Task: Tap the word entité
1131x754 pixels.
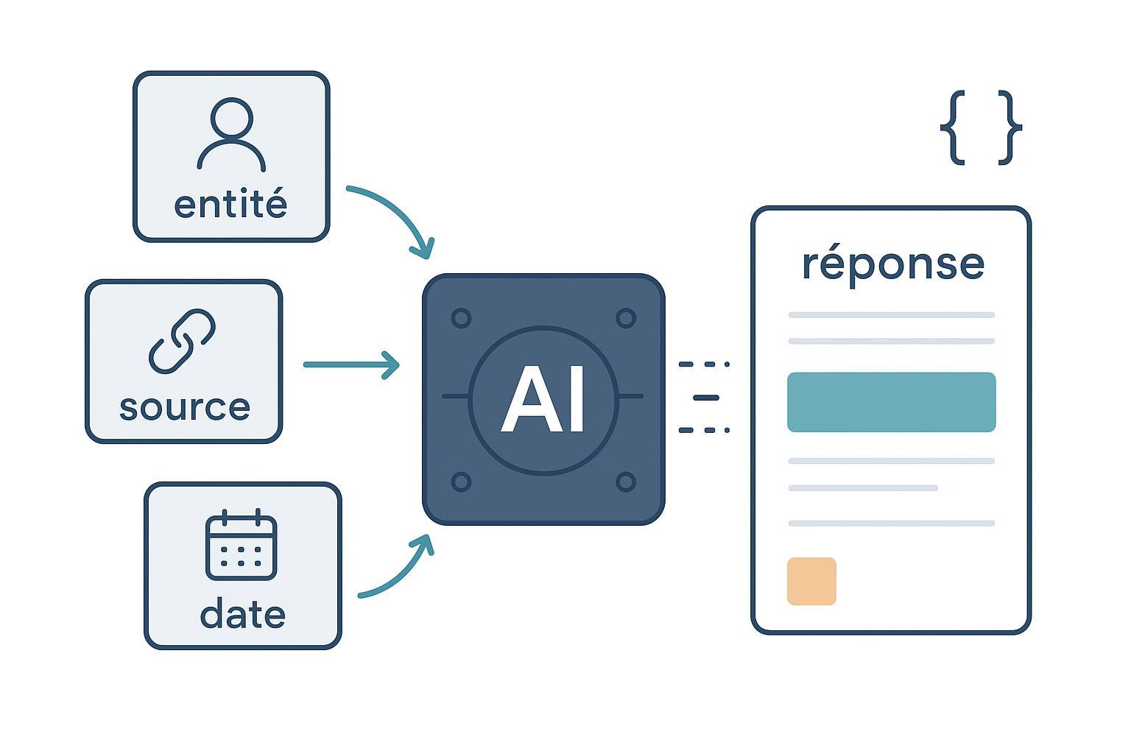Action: click(230, 205)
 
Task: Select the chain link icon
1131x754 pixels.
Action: click(182, 340)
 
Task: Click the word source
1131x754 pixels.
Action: click(184, 407)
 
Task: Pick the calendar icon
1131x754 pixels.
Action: click(242, 545)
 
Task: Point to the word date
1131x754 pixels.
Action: click(242, 614)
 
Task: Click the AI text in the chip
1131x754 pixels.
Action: click(543, 400)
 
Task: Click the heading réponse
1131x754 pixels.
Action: click(892, 264)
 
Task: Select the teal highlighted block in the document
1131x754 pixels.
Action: click(891, 402)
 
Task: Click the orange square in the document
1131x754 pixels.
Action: click(811, 581)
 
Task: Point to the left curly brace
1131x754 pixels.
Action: click(954, 127)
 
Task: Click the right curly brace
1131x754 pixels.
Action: click(1009, 127)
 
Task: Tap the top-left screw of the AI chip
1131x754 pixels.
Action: click(461, 318)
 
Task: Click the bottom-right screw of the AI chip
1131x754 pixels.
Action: click(625, 482)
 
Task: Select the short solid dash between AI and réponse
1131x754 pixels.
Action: click(705, 398)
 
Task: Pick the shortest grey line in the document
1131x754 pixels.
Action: click(863, 488)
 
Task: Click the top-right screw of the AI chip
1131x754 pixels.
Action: click(625, 318)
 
